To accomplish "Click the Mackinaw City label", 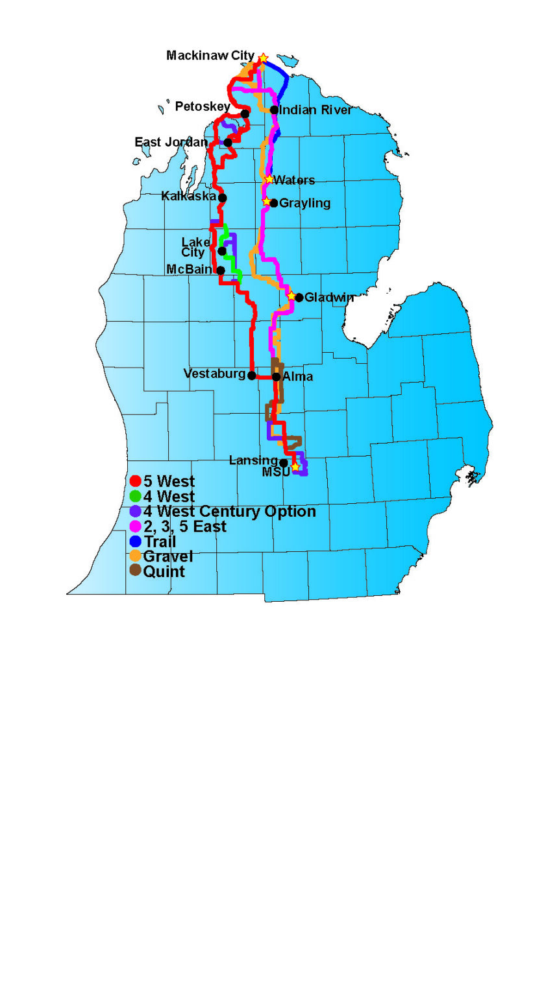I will pyautogui.click(x=210, y=56).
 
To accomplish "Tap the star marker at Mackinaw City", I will pyautogui.click(x=263, y=59).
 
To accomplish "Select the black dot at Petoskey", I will pyautogui.click(x=245, y=114).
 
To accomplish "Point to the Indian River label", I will pyautogui.click(x=316, y=110).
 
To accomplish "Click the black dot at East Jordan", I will pyautogui.click(x=228, y=142).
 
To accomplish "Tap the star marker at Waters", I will pyautogui.click(x=269, y=179).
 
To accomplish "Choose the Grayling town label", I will pyautogui.click(x=304, y=204).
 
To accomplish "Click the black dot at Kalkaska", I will pyautogui.click(x=223, y=198).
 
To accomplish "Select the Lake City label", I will pyautogui.click(x=194, y=248).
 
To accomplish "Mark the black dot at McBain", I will pyautogui.click(x=221, y=270).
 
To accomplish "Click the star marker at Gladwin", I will pyautogui.click(x=291, y=296).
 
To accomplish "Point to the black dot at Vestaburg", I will pyautogui.click(x=252, y=375).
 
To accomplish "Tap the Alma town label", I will pyautogui.click(x=298, y=377).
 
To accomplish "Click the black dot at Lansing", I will pyautogui.click(x=284, y=462).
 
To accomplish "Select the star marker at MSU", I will pyautogui.click(x=295, y=467).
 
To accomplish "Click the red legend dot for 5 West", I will pyautogui.click(x=136, y=481).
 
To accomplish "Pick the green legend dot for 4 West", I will pyautogui.click(x=136, y=497).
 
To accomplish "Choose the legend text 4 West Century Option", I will pyautogui.click(x=229, y=512).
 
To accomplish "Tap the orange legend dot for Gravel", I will pyautogui.click(x=136, y=556).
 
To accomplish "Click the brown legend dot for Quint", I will pyautogui.click(x=136, y=571).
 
